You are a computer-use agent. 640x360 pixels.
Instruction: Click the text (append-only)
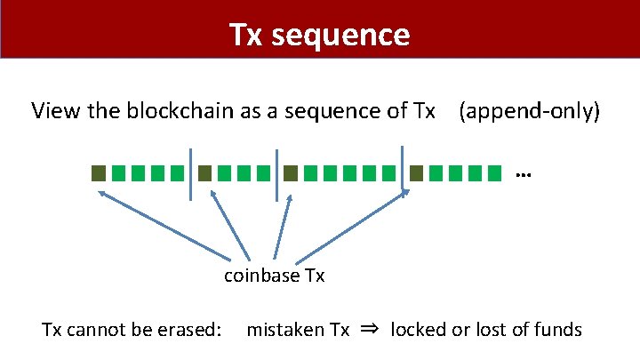point(529,111)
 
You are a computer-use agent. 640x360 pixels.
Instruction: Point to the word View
point(52,111)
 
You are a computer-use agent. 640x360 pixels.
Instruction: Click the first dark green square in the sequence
point(99,172)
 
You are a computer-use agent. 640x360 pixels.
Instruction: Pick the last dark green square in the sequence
point(416,172)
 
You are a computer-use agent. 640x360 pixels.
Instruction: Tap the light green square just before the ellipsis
point(494,172)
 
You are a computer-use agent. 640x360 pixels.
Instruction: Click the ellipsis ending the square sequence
point(523,174)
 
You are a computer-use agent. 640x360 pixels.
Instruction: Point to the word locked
point(420,331)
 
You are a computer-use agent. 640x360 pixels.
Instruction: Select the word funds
point(557,331)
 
